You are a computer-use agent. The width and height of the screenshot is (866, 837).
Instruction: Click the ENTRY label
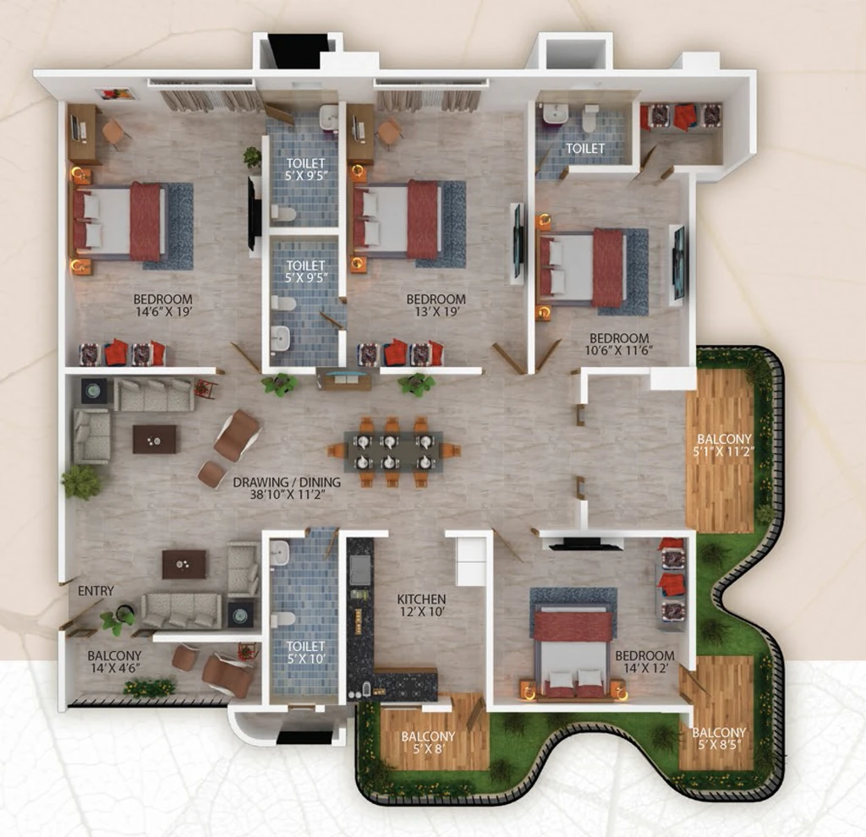[x=96, y=591]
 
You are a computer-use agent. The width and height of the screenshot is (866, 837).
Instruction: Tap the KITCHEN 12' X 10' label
[x=421, y=604]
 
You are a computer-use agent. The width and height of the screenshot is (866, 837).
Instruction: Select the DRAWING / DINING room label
[x=287, y=488]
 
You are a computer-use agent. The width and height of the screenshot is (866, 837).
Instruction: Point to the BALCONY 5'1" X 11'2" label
[x=724, y=445]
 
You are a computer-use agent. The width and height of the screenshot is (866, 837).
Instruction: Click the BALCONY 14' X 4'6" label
[x=114, y=661]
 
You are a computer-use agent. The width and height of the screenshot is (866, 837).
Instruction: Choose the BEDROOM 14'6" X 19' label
[x=163, y=305]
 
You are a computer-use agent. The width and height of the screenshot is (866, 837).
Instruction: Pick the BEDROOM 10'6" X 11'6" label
[x=619, y=343]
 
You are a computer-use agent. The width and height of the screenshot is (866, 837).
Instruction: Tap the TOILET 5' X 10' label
[x=305, y=652]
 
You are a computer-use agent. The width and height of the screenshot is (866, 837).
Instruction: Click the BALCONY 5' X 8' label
[x=428, y=742]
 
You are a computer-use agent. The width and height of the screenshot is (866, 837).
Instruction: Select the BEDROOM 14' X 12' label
[x=644, y=661]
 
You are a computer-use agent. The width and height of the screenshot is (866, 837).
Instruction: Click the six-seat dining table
[x=392, y=451]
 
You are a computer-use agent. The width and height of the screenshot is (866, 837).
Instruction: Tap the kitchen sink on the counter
[x=360, y=570]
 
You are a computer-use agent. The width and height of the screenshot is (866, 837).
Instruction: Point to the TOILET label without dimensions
[x=585, y=148]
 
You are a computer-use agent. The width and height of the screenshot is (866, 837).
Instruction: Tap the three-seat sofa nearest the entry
[x=181, y=610]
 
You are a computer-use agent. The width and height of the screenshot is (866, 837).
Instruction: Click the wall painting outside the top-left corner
[x=115, y=94]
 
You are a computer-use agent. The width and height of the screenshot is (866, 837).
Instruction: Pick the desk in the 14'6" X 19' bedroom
[x=84, y=134]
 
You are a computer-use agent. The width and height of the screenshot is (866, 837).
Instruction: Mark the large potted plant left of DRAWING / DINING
[x=82, y=481]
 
